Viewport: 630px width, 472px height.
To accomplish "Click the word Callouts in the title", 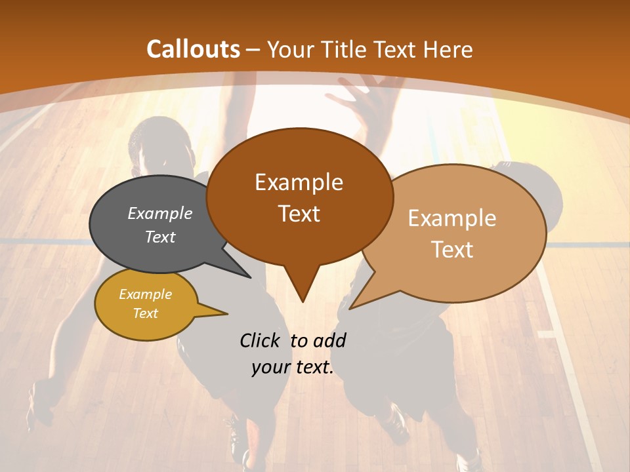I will click(x=194, y=49).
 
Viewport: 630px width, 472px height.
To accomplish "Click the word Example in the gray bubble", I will click(x=160, y=214).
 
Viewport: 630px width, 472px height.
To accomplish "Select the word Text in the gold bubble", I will click(x=146, y=313).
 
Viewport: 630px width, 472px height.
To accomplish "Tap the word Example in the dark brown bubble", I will click(x=299, y=182).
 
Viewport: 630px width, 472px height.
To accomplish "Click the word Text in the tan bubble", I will click(x=452, y=250).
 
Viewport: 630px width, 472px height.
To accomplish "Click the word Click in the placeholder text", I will click(x=261, y=340).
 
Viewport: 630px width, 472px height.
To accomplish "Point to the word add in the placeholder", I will click(x=329, y=340).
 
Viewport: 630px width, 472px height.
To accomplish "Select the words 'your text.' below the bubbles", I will click(x=293, y=368).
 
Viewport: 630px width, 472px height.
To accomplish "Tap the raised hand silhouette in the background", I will click(x=367, y=98).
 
